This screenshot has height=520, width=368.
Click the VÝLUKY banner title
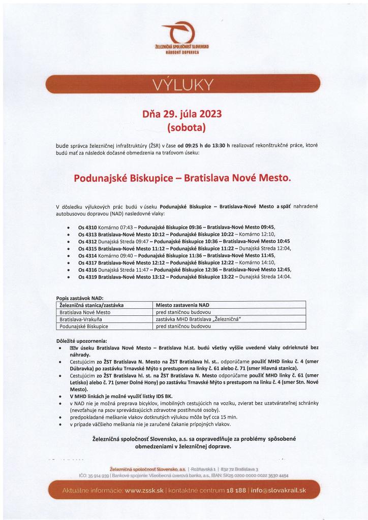[183, 84]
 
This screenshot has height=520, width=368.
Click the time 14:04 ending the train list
[283, 277]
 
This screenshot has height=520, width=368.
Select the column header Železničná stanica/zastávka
[91, 305]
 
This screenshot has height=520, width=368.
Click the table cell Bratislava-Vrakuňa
[81, 319]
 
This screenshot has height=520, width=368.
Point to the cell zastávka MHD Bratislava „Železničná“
[198, 319]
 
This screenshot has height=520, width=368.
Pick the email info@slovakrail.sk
[279, 490]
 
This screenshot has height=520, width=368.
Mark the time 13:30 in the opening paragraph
[221, 145]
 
